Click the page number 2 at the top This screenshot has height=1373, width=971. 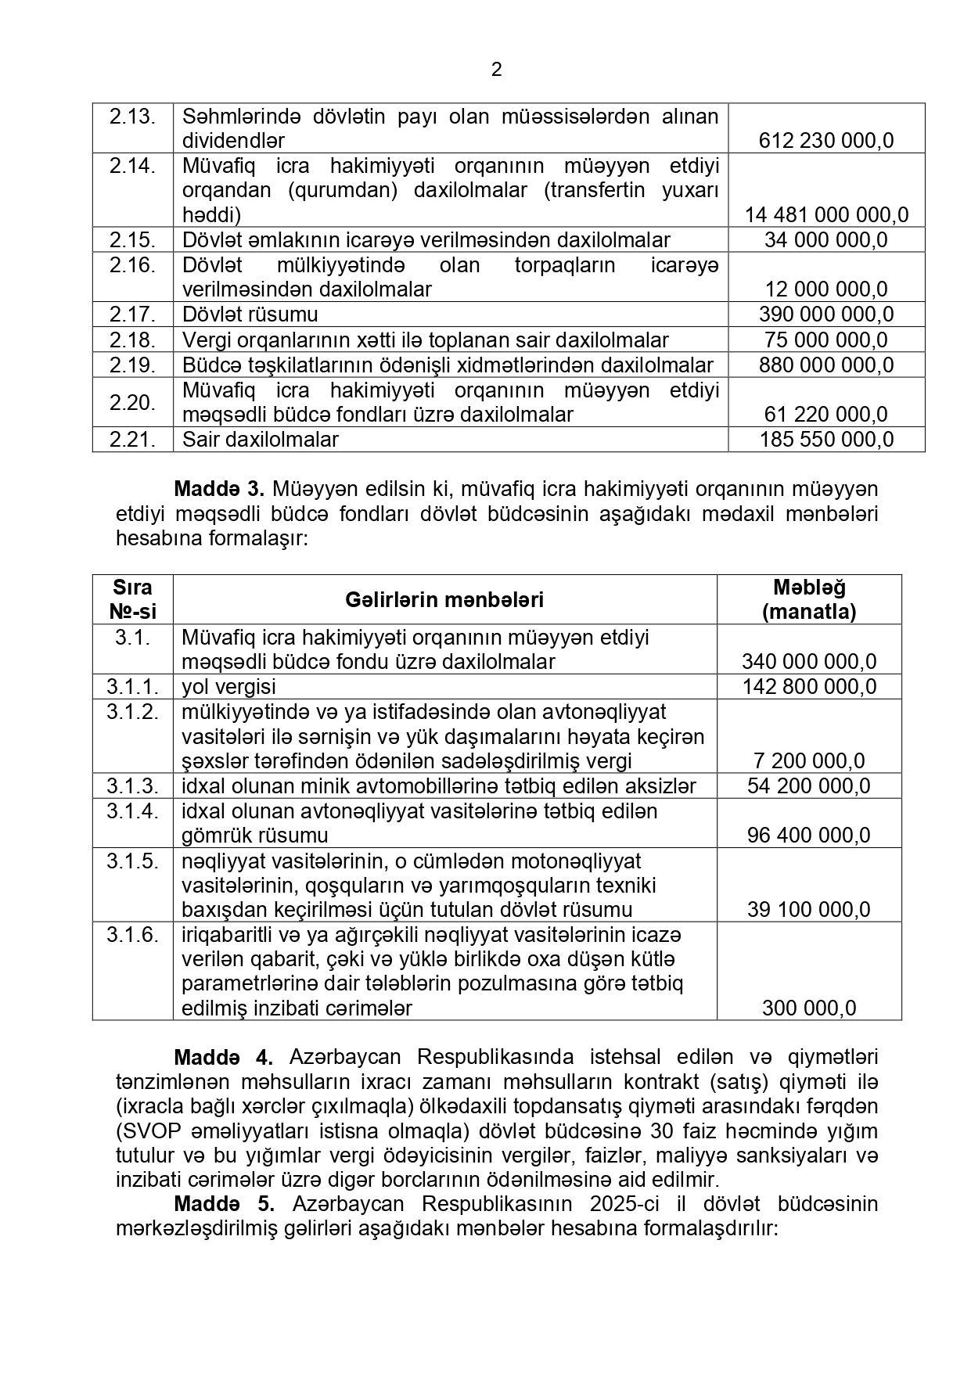(497, 70)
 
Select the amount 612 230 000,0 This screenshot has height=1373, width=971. (826, 141)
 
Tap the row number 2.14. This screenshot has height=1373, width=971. (132, 166)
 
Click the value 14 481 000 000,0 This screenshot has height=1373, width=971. (826, 215)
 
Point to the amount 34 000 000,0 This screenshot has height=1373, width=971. (826, 240)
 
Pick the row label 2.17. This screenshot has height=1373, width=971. (132, 314)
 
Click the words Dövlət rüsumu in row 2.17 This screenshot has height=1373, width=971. (250, 314)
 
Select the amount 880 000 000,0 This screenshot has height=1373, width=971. (826, 365)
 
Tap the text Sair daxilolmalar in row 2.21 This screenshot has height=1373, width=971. (261, 440)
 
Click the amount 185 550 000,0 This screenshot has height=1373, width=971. (826, 440)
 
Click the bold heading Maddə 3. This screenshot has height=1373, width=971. (219, 490)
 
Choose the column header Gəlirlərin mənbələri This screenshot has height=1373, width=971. (444, 600)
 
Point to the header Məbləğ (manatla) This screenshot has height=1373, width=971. (809, 600)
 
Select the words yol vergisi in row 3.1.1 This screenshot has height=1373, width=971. (228, 687)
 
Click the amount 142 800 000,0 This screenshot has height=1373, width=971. (809, 687)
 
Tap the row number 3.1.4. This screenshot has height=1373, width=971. (133, 811)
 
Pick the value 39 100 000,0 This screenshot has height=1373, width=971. (809, 910)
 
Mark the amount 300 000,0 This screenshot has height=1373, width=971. (809, 1008)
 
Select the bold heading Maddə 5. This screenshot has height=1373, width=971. (223, 1204)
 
